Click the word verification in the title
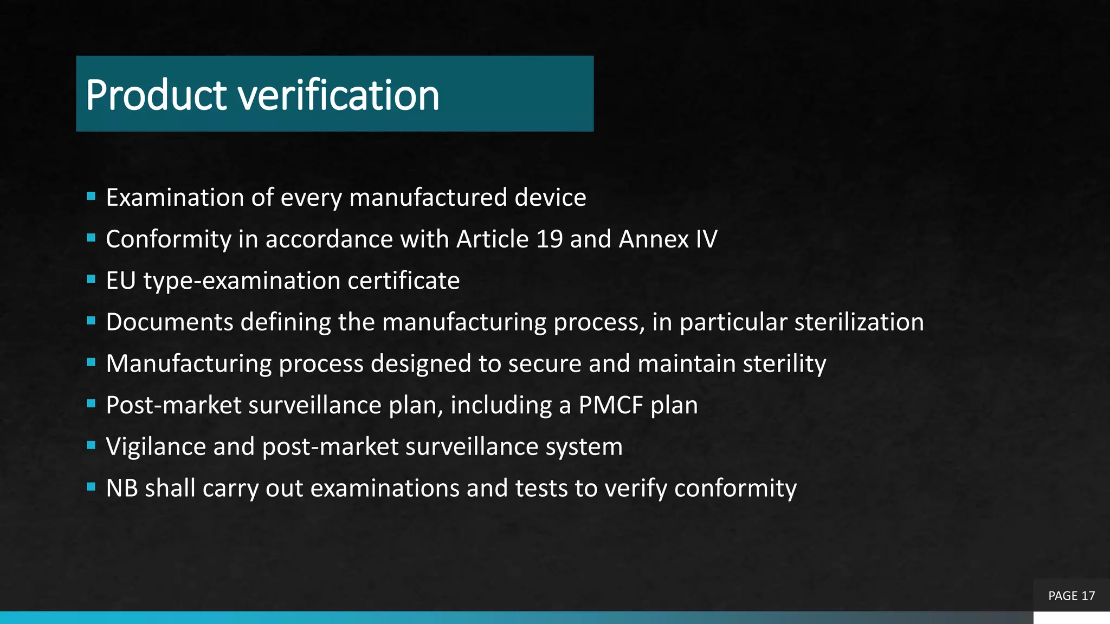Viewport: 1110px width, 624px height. point(339,95)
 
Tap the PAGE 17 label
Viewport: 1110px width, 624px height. point(1071,596)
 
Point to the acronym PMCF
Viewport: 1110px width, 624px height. point(611,405)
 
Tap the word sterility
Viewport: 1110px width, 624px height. point(784,363)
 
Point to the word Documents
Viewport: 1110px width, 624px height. point(170,322)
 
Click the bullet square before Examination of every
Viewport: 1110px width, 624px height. point(91,196)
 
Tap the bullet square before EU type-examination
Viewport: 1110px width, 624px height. point(91,279)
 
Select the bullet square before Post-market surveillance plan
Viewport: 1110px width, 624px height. point(91,404)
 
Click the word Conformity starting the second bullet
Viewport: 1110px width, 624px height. point(169,239)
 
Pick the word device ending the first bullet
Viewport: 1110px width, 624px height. point(550,198)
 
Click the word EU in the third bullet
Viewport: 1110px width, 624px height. point(120,281)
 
